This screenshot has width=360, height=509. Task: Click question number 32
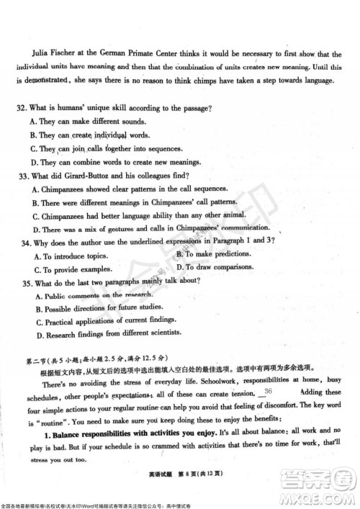(x=25, y=107)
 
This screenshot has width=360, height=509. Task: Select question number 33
(x=26, y=176)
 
